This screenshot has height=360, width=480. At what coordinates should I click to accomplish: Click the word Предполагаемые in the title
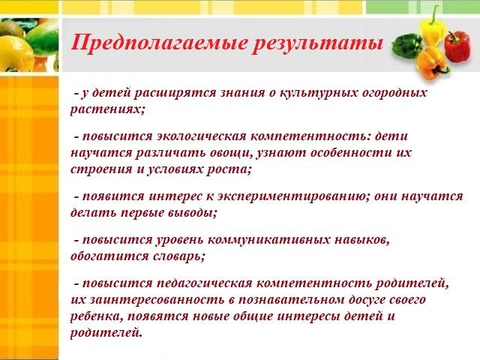coord(158,43)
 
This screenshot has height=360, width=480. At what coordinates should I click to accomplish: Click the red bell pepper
coord(457,46)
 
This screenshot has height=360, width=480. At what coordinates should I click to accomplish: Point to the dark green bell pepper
coord(407,46)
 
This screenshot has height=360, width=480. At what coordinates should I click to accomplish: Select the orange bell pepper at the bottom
coord(432,64)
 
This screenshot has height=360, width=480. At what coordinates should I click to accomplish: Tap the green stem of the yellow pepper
coord(434,15)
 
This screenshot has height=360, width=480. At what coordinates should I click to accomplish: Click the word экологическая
coord(202,136)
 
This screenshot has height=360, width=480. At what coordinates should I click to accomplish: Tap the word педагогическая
coord(205,283)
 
